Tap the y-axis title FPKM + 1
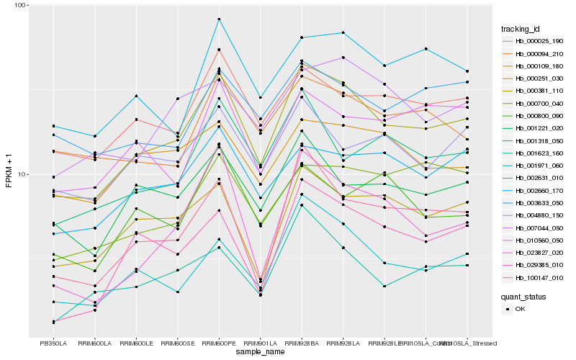[9, 171]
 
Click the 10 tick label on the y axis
[22, 174]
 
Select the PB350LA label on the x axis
[53, 343]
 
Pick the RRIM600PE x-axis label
[219, 343]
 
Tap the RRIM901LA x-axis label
[260, 343]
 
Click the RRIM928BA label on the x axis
[302, 343]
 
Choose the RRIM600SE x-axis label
[177, 343]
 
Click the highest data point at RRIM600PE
[219, 19]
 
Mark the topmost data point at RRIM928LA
[343, 32]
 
